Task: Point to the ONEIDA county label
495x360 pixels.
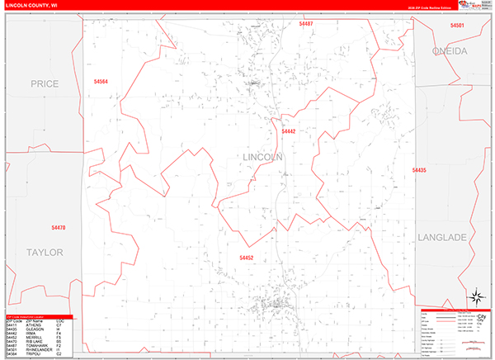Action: click(x=450, y=51)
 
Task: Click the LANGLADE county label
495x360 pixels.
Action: click(x=442, y=237)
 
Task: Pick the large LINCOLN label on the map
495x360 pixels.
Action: click(x=264, y=157)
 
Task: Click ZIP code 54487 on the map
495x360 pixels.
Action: click(x=306, y=25)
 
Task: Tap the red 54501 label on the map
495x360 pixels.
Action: click(x=457, y=26)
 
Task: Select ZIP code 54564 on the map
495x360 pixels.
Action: click(x=101, y=82)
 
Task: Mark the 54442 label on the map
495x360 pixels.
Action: click(x=288, y=131)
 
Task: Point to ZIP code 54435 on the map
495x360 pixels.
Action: click(x=419, y=170)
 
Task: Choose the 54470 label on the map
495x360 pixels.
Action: click(x=58, y=227)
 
